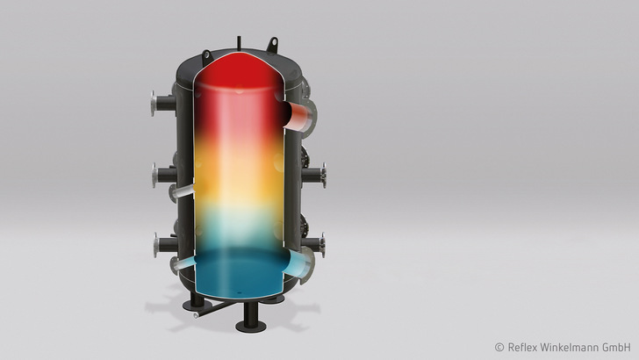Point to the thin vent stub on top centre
(237, 39)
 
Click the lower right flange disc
(323, 243)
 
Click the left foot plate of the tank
(189, 307)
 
